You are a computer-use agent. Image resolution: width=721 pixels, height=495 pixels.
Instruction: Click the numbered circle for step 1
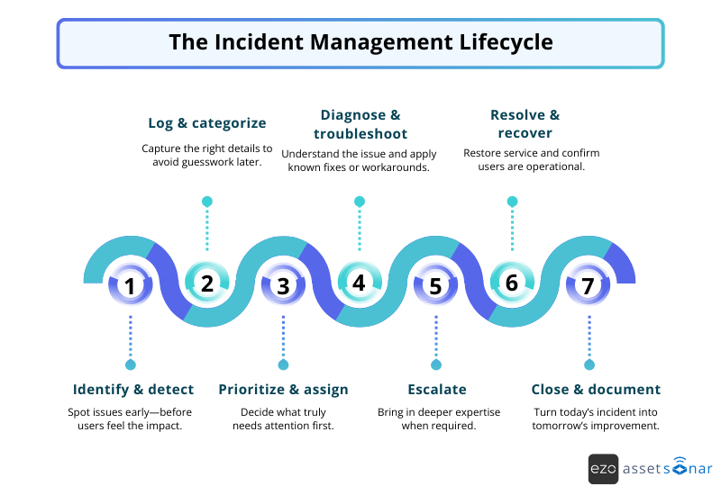[131, 287]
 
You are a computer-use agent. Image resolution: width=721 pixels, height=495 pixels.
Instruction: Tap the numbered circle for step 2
[207, 283]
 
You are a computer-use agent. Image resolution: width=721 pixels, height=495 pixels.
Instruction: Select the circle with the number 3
[283, 287]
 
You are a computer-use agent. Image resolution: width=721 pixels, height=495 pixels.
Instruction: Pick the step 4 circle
[360, 283]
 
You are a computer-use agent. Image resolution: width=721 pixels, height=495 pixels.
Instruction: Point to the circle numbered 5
[435, 287]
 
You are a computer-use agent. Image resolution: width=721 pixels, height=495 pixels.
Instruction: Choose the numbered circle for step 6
[512, 283]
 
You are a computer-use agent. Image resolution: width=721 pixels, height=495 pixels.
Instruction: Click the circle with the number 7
[589, 287]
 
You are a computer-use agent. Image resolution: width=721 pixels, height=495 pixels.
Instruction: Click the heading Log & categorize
[207, 123]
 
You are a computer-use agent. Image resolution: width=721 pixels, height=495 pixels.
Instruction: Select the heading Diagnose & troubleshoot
[360, 124]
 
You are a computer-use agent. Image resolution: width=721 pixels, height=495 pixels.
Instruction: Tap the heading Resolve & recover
[525, 124]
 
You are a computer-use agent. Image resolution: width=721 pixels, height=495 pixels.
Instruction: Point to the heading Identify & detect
[133, 390]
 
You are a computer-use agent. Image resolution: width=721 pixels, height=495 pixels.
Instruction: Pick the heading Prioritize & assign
[283, 390]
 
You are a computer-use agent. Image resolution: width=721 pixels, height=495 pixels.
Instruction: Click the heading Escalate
[437, 390]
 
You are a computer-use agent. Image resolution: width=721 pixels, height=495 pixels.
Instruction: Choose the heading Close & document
[596, 390]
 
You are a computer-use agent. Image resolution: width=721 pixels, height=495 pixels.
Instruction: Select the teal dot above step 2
[207, 201]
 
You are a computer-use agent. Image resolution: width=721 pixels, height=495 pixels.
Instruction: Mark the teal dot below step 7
[589, 364]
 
